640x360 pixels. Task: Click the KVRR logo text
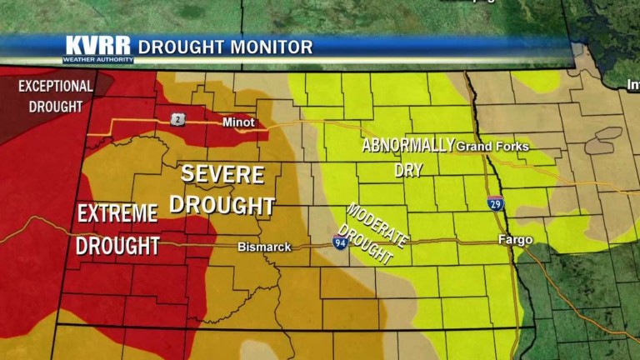pyautogui.click(x=98, y=45)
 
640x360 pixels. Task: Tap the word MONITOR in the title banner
pyautogui.click(x=273, y=47)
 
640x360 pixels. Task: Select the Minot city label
pyautogui.click(x=237, y=122)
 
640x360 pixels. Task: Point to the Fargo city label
pyautogui.click(x=514, y=240)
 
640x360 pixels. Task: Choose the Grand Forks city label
pyautogui.click(x=492, y=147)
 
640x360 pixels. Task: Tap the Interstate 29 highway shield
pyautogui.click(x=496, y=202)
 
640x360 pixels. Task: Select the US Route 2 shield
pyautogui.click(x=178, y=120)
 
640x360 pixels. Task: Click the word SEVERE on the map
pyautogui.click(x=222, y=175)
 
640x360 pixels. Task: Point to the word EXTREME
pyautogui.click(x=117, y=214)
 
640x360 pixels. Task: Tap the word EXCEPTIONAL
pyautogui.click(x=56, y=86)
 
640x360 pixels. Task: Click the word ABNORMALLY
pyautogui.click(x=407, y=145)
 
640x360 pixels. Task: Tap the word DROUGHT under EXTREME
pyautogui.click(x=117, y=246)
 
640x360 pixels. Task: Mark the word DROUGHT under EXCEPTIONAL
pyautogui.click(x=56, y=107)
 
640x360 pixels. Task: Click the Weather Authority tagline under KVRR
pyautogui.click(x=98, y=60)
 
